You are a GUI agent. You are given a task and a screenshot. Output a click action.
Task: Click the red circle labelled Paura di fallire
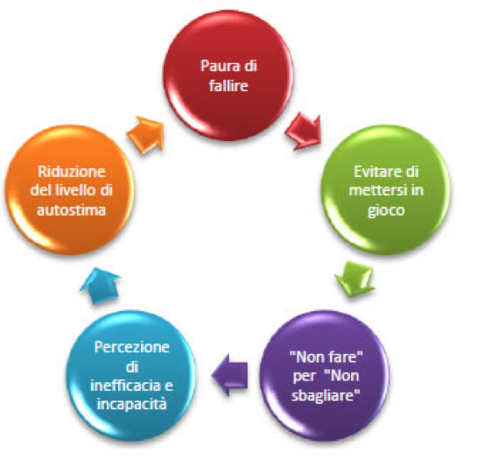(x=228, y=75)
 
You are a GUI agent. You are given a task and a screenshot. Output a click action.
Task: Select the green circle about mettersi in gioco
(x=386, y=190)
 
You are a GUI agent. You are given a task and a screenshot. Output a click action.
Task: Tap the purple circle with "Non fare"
(x=326, y=375)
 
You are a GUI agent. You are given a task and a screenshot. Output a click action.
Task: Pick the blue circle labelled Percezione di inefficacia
(x=131, y=375)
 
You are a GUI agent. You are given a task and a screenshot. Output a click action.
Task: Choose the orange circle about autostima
(x=70, y=190)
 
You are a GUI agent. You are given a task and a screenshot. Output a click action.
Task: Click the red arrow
(x=304, y=131)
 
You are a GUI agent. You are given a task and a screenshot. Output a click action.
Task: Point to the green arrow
(x=354, y=279)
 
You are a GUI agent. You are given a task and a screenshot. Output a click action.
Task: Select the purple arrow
(x=230, y=375)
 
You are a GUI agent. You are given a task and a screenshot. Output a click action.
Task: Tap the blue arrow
(x=101, y=286)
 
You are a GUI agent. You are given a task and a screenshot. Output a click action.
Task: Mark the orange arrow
(x=145, y=134)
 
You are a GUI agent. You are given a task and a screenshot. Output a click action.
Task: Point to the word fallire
(x=228, y=86)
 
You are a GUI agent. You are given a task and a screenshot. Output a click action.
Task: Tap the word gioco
(x=386, y=211)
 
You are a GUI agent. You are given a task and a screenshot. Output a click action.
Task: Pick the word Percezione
(x=132, y=347)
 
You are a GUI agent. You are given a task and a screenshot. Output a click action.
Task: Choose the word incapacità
(x=132, y=404)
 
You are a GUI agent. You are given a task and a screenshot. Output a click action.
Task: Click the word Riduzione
(x=72, y=172)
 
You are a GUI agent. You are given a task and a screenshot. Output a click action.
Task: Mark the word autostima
(x=71, y=210)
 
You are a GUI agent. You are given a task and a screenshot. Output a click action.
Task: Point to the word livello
(x=75, y=190)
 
